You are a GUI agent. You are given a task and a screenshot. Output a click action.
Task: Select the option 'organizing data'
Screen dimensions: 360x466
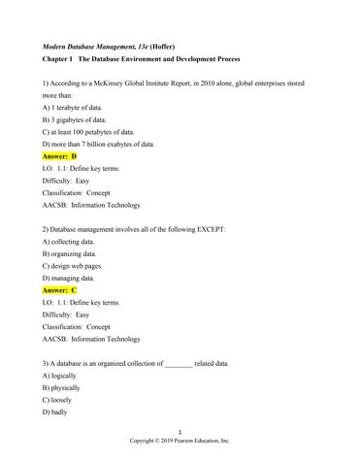(x=74, y=262)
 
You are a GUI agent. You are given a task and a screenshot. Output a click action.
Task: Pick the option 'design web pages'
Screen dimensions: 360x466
(x=78, y=276)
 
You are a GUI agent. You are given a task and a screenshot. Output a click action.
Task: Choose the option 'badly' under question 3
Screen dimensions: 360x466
(x=62, y=422)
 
